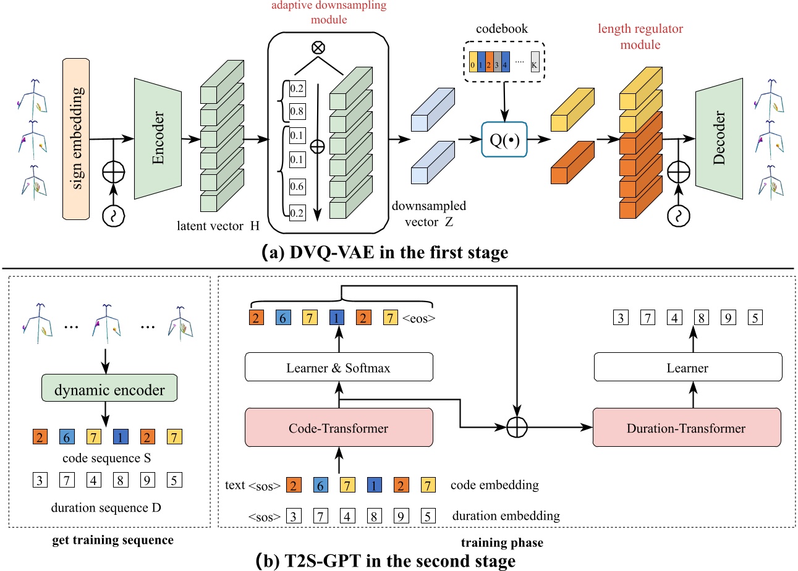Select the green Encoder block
(x=157, y=138)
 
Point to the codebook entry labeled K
(x=535, y=64)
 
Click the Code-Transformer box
(x=339, y=428)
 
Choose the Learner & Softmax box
(x=339, y=368)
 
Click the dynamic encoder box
(x=110, y=390)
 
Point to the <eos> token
(x=418, y=319)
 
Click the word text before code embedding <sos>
(x=238, y=485)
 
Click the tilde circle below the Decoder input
(x=678, y=215)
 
